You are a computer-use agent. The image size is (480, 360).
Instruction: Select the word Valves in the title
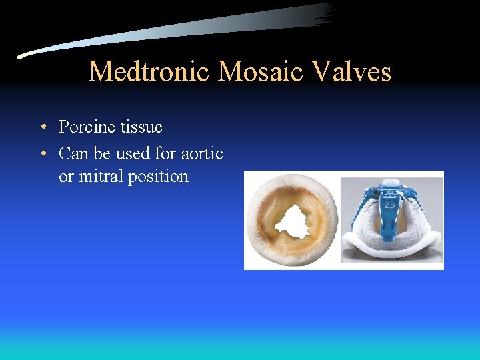[x=353, y=71]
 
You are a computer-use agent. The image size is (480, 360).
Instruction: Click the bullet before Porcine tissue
[x=43, y=127]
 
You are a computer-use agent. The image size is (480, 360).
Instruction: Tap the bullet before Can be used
[x=43, y=154]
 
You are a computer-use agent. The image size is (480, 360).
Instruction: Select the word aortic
[x=202, y=153]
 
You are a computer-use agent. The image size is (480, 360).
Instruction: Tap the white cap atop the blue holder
[x=389, y=183]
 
